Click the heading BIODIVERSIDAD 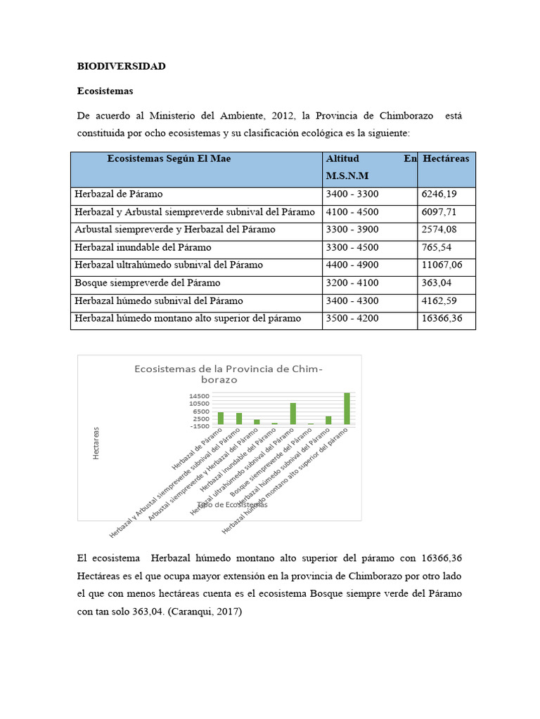click(121, 67)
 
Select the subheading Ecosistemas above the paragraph click(105, 91)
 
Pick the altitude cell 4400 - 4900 click(352, 265)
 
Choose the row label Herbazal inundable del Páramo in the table click(143, 247)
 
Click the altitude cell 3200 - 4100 click(352, 283)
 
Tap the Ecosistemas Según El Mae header click(169, 159)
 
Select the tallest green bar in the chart click(347, 409)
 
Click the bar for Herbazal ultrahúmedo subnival click(293, 414)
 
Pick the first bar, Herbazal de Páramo click(221, 418)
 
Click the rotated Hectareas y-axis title click(96, 443)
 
